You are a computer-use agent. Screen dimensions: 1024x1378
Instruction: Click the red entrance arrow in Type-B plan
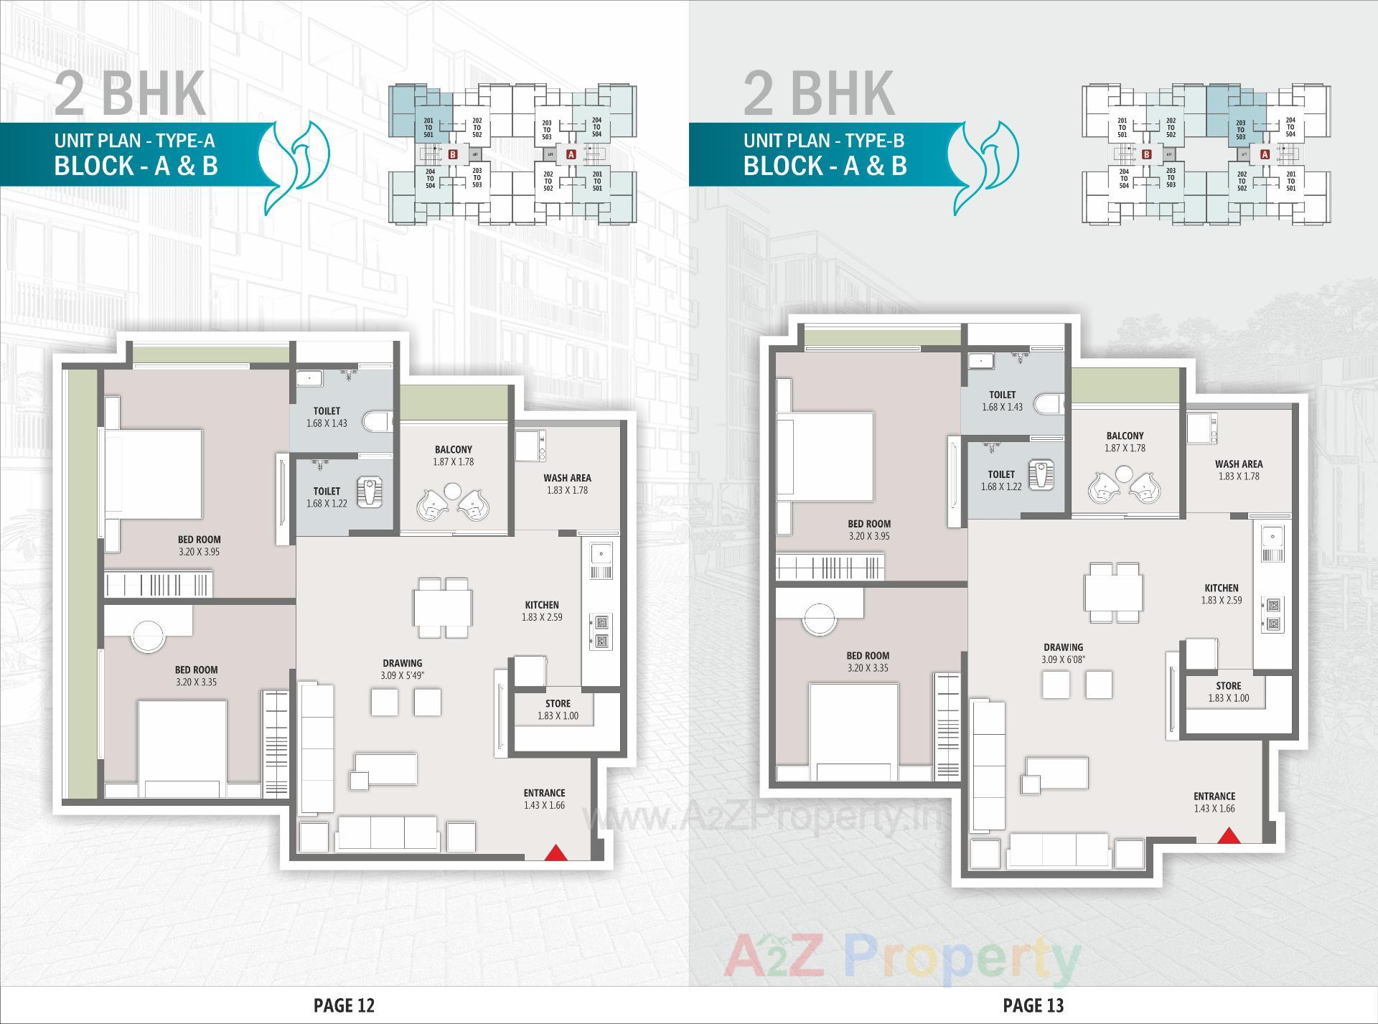(1229, 835)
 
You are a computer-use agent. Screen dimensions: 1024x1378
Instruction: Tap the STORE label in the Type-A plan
(558, 704)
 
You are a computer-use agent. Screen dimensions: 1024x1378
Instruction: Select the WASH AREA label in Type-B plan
(1239, 464)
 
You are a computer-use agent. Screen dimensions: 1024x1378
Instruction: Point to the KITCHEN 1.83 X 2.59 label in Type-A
(541, 611)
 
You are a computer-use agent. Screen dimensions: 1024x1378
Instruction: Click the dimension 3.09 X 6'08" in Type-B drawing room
(1063, 659)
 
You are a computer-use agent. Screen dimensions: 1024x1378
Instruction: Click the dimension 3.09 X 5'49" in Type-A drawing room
(402, 675)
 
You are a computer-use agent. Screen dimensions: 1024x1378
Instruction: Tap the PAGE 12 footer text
(344, 1005)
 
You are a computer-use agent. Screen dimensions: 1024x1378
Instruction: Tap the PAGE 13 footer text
(1033, 1005)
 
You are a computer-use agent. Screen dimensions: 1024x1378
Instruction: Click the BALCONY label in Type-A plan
(453, 450)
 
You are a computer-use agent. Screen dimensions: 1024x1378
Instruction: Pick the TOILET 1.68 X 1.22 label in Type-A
(327, 497)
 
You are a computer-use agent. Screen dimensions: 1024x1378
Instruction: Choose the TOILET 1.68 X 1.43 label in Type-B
(1002, 400)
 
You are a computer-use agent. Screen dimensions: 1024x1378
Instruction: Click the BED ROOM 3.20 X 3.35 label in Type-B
(868, 662)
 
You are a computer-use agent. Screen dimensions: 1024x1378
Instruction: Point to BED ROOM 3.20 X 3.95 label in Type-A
(199, 545)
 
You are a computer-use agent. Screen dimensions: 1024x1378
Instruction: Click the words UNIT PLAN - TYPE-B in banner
(823, 140)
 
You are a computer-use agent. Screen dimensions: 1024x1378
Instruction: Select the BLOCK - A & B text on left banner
(136, 166)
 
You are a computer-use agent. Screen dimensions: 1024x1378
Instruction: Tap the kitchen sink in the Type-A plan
(600, 553)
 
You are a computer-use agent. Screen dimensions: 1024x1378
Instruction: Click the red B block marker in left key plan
(452, 154)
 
